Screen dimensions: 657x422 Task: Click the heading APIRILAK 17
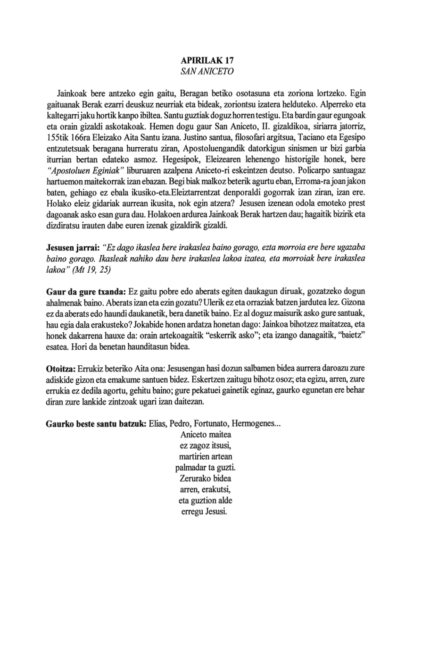point(207,61)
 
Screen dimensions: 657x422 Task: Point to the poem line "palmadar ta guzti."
point(205,468)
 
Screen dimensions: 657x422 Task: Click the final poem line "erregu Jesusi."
point(205,512)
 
